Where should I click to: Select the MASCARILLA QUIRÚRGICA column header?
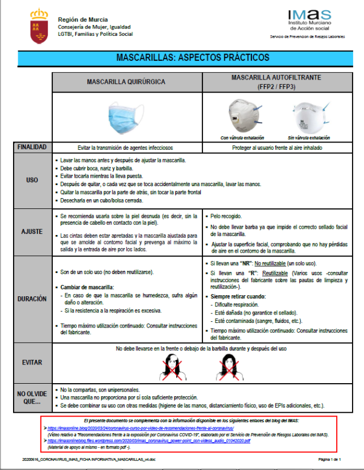[126, 82]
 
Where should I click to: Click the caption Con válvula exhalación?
[243, 138]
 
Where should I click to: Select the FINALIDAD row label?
[32, 147]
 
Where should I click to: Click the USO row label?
[32, 180]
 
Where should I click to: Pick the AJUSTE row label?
[32, 233]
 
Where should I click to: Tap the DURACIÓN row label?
[32, 299]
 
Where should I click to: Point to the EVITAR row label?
[32, 362]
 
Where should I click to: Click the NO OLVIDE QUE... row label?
[32, 397]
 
